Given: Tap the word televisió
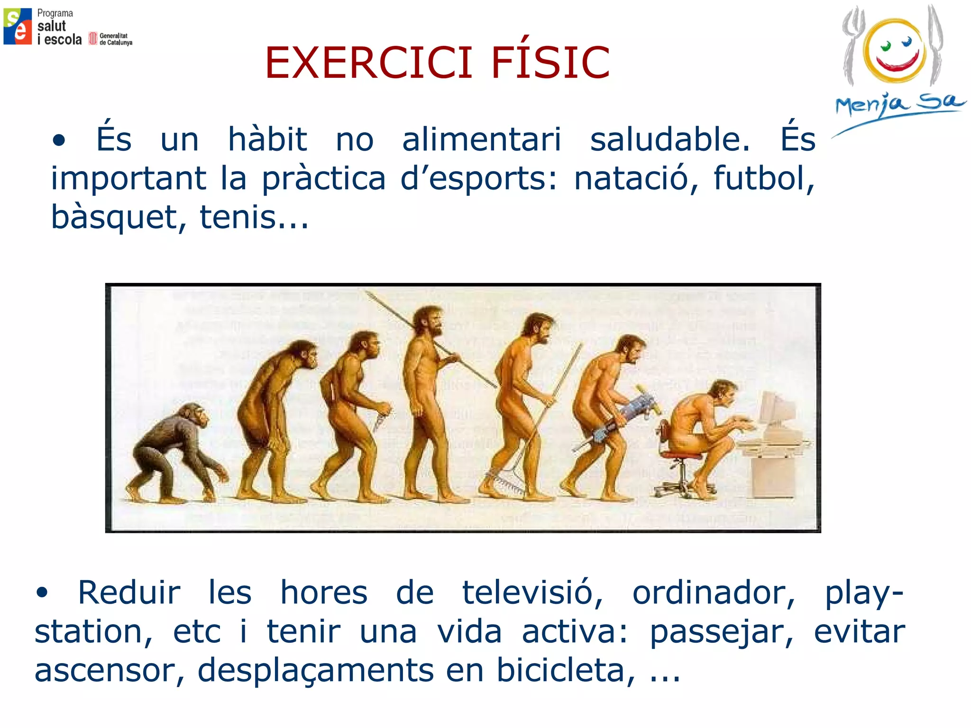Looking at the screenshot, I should coord(532,593).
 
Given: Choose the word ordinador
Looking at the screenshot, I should coord(714,593).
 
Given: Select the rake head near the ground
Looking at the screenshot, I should coord(505,483).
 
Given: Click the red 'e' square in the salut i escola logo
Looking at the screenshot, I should coord(22,33).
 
